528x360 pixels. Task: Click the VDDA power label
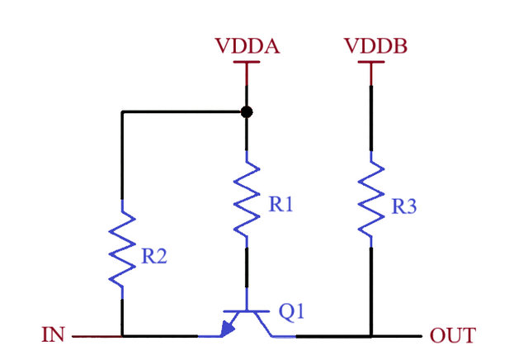[247, 46]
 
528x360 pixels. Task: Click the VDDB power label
[372, 46]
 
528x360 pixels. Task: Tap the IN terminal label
[54, 336]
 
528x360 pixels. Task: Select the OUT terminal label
[452, 336]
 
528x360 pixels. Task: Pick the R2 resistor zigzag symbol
[122, 246]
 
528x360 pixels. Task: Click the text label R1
[281, 206]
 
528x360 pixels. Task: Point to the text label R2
[154, 257]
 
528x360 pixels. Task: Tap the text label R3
[403, 206]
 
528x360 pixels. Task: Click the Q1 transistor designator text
[293, 313]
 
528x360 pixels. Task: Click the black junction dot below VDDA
[247, 111]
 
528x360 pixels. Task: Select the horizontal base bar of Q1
[247, 311]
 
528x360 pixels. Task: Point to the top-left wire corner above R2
[122, 111]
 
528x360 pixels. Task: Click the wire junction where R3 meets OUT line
[371, 336]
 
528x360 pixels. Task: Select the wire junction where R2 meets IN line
[122, 336]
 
